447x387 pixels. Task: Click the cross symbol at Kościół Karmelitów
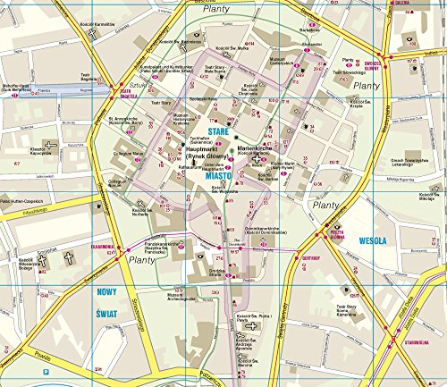[91, 34]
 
